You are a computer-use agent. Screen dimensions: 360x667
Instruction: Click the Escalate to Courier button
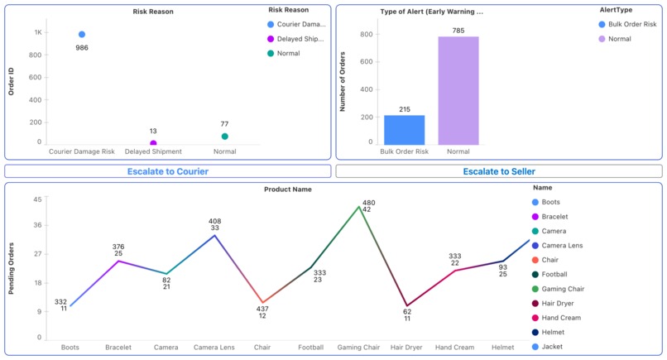click(168, 171)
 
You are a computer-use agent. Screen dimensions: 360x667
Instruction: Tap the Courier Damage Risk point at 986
click(82, 35)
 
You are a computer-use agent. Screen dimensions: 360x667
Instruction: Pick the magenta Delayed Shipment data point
click(153, 143)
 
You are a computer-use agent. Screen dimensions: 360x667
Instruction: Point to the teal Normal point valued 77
click(224, 137)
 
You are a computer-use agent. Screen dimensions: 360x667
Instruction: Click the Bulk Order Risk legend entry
click(631, 24)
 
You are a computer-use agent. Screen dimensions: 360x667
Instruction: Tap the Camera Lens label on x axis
click(214, 348)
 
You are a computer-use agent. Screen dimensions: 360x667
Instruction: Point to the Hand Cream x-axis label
click(454, 348)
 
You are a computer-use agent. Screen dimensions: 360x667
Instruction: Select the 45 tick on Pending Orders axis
click(37, 199)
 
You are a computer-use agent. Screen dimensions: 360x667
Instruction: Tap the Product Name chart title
click(287, 190)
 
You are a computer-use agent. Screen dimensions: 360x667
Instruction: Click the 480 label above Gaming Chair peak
click(368, 203)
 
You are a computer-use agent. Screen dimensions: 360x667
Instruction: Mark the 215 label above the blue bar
click(405, 109)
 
